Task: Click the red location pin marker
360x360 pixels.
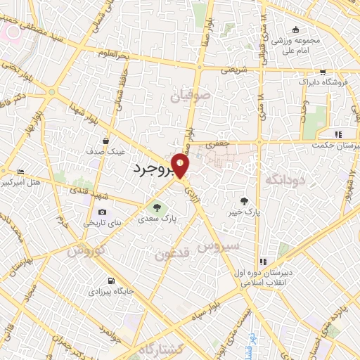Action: [x=181, y=165]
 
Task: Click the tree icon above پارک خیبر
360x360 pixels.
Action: [x=245, y=200]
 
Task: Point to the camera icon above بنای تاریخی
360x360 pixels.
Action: [x=103, y=212]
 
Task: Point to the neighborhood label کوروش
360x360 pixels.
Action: [x=87, y=250]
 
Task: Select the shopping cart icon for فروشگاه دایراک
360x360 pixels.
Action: [x=323, y=72]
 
